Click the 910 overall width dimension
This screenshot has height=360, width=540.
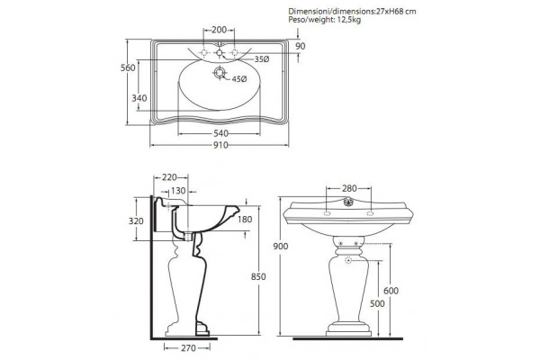tap(220, 145)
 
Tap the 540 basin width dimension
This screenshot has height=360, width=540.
tap(220, 133)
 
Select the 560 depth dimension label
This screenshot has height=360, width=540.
tap(128, 67)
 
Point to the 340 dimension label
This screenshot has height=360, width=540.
tap(139, 98)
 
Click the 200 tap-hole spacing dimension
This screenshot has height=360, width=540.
tap(219, 30)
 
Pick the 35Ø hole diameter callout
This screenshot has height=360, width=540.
tap(262, 59)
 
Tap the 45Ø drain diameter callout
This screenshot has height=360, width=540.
tap(239, 79)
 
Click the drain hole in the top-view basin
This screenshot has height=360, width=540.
tap(220, 73)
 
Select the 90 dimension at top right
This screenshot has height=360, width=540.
tap(301, 46)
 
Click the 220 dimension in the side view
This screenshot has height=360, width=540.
tap(169, 177)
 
